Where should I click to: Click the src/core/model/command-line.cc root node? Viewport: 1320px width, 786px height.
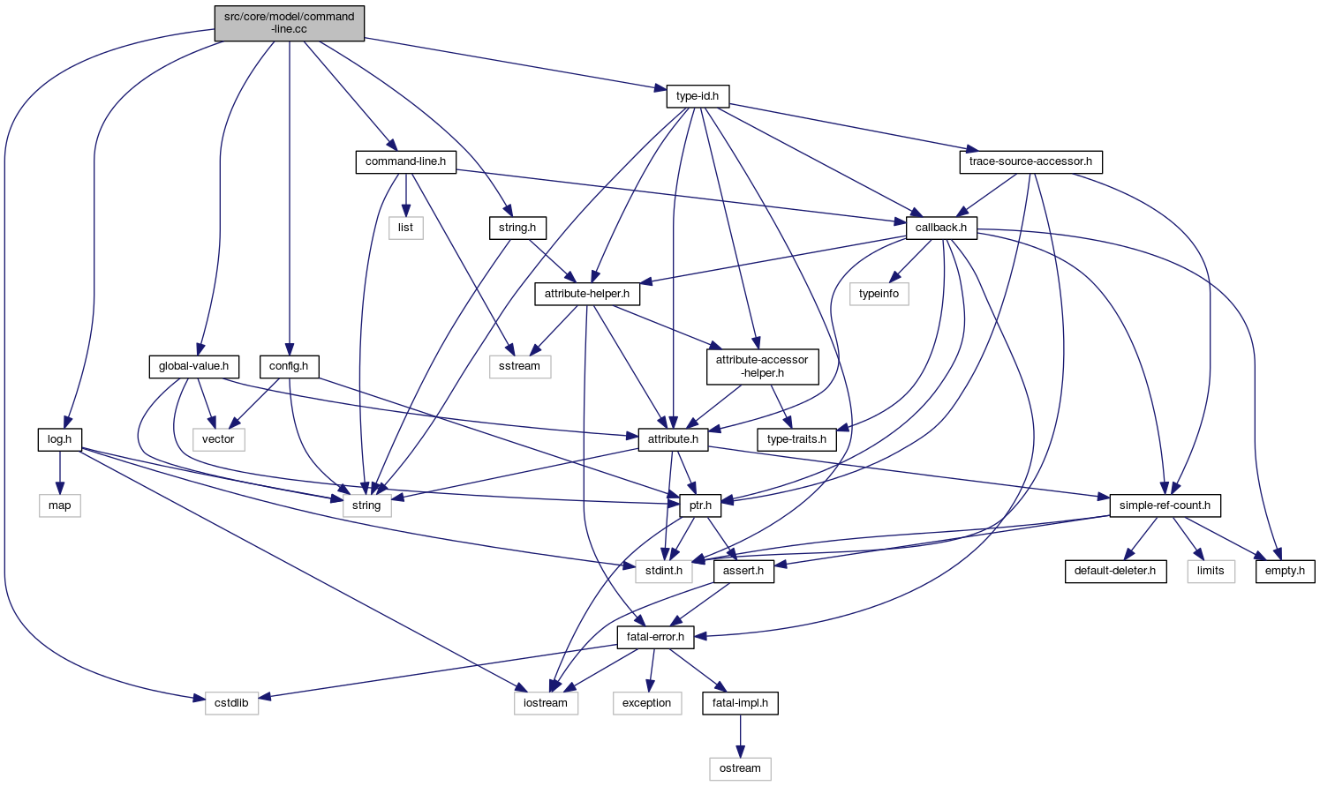[x=289, y=23]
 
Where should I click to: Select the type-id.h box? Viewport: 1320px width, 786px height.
[x=698, y=96]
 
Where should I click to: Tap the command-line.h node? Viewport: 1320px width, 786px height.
[x=405, y=162]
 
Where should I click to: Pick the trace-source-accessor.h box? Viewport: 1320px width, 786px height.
[x=1030, y=162]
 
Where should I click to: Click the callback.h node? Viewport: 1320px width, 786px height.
[x=941, y=228]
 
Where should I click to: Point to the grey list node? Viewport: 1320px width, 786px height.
[x=405, y=228]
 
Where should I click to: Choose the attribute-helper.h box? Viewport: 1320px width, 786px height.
[x=587, y=294]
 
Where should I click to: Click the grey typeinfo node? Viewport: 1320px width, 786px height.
[x=879, y=294]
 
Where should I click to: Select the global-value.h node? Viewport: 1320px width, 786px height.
[x=193, y=366]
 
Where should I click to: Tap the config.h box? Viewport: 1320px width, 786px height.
[x=289, y=366]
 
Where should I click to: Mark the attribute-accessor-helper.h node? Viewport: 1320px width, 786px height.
[x=762, y=366]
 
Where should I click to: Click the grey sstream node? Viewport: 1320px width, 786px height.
[x=520, y=366]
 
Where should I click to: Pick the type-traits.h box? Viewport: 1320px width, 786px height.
[x=797, y=439]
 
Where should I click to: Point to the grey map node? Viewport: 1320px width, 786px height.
[x=60, y=505]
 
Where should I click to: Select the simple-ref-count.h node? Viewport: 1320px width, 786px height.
[x=1165, y=505]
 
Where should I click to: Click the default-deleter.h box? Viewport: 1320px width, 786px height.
[x=1114, y=571]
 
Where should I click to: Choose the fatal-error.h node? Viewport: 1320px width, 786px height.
[x=655, y=637]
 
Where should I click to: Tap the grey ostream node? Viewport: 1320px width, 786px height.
[x=740, y=768]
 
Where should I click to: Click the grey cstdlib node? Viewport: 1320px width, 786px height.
[x=232, y=703]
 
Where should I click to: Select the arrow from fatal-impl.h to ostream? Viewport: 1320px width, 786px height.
[x=740, y=736]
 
